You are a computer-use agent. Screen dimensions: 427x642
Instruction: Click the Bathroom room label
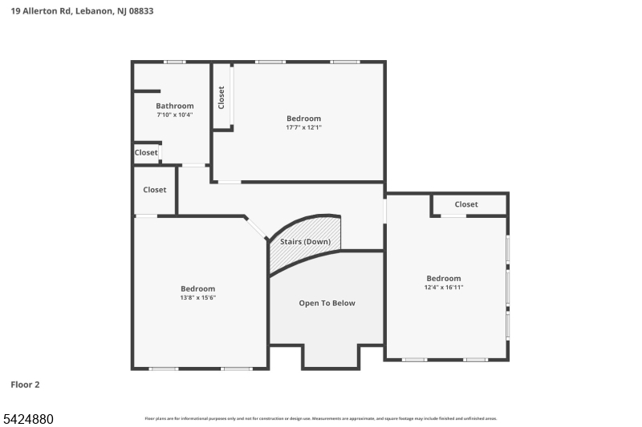tap(174, 106)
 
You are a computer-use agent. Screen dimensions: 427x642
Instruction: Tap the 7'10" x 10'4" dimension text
tap(174, 115)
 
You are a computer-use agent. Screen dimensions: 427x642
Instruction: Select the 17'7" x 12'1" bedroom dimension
tap(303, 127)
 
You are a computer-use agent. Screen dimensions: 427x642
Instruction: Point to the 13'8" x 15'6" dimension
tap(197, 297)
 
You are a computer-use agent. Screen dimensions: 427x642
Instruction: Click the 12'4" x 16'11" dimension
tap(444, 287)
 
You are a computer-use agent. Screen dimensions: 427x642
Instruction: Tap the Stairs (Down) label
tap(305, 241)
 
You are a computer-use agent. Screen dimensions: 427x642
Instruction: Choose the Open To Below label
tap(327, 303)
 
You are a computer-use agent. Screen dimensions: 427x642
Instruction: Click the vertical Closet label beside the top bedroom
tap(221, 97)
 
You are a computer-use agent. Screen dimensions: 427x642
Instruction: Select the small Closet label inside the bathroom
tap(146, 152)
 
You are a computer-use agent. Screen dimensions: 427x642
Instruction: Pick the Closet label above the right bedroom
tap(465, 204)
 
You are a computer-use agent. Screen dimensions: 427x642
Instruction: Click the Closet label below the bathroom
tap(155, 190)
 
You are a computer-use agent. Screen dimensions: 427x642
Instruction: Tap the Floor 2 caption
tap(25, 385)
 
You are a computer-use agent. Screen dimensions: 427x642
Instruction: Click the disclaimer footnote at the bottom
tap(320, 418)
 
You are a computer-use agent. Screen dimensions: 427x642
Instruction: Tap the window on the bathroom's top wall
tap(174, 62)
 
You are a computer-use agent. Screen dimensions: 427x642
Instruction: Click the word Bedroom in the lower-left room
tap(197, 288)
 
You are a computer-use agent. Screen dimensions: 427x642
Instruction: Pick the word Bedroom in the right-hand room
tap(444, 278)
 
